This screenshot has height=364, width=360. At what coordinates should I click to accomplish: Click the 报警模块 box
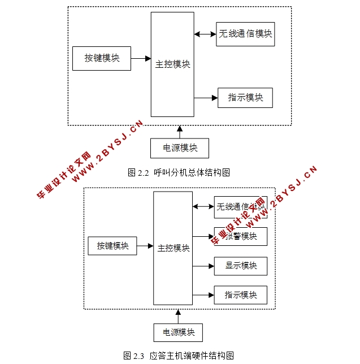coord(240,236)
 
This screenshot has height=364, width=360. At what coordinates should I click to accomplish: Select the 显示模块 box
coord(240,266)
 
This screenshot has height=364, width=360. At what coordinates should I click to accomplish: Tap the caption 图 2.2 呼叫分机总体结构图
coord(179,173)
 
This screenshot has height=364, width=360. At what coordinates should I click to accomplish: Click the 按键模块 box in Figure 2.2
coord(102,58)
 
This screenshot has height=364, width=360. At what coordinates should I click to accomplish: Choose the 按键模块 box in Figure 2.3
coord(112,246)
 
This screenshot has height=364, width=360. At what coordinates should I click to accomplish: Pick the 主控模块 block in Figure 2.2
coord(172,64)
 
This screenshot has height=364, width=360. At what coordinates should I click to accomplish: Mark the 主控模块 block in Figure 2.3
coord(173,248)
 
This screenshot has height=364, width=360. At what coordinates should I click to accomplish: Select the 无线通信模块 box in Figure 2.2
coord(245,34)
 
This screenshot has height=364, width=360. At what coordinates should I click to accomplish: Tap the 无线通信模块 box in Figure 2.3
coord(240,207)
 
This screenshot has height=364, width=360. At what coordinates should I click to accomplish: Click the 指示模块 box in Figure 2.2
coord(245,98)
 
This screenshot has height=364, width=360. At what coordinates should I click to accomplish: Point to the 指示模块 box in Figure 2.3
coord(240,295)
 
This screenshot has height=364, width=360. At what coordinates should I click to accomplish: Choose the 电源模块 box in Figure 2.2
coord(180,148)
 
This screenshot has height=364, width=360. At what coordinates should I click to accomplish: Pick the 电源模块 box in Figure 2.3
coord(178,332)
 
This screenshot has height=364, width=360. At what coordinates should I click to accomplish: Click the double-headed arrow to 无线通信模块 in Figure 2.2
coord(205,34)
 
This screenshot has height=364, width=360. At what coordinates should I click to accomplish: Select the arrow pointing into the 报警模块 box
coord(203,236)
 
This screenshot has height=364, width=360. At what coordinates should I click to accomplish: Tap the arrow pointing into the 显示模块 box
coord(203,266)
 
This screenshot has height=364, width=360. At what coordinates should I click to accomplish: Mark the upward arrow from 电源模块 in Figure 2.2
coord(180,132)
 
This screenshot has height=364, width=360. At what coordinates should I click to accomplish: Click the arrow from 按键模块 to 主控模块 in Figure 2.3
coord(145,246)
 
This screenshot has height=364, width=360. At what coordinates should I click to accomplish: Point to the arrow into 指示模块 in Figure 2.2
coord(206,98)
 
